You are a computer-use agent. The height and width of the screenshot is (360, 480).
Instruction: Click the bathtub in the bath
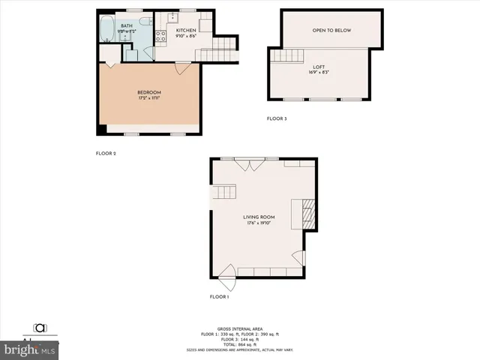click(107, 31)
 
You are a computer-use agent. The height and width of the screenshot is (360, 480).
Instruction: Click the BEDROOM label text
click(149, 92)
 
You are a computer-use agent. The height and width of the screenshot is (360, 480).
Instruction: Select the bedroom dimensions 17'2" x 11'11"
click(149, 98)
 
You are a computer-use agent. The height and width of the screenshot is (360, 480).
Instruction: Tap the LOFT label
click(319, 66)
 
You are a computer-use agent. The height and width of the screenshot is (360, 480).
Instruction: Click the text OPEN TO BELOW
click(331, 30)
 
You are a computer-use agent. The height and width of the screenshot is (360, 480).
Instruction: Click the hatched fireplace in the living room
click(306, 214)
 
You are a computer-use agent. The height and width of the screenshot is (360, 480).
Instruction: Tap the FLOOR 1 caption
click(219, 297)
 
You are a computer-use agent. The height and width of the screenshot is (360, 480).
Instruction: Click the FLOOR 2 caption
click(106, 153)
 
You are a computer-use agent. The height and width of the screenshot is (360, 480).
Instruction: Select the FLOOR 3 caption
click(277, 118)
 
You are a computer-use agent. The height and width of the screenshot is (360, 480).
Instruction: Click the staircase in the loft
click(281, 55)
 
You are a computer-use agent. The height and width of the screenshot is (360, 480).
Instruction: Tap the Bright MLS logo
click(30, 349)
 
